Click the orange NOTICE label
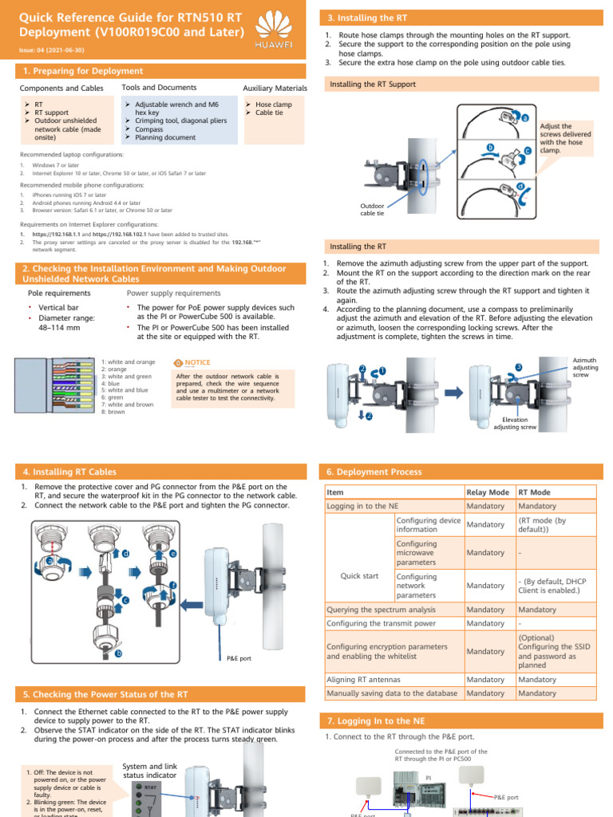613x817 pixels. pyautogui.click(x=192, y=362)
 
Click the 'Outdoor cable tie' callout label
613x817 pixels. pyautogui.click(x=372, y=210)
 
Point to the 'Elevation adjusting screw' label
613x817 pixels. pyautogui.click(x=515, y=423)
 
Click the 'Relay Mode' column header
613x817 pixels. pyautogui.click(x=488, y=492)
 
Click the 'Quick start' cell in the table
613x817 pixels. pyautogui.click(x=360, y=576)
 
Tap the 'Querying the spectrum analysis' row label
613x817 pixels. pyautogui.click(x=382, y=610)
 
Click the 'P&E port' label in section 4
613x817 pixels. pyautogui.click(x=239, y=658)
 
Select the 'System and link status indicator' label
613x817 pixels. pyautogui.click(x=150, y=771)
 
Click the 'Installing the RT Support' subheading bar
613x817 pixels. pyautogui.click(x=374, y=84)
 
